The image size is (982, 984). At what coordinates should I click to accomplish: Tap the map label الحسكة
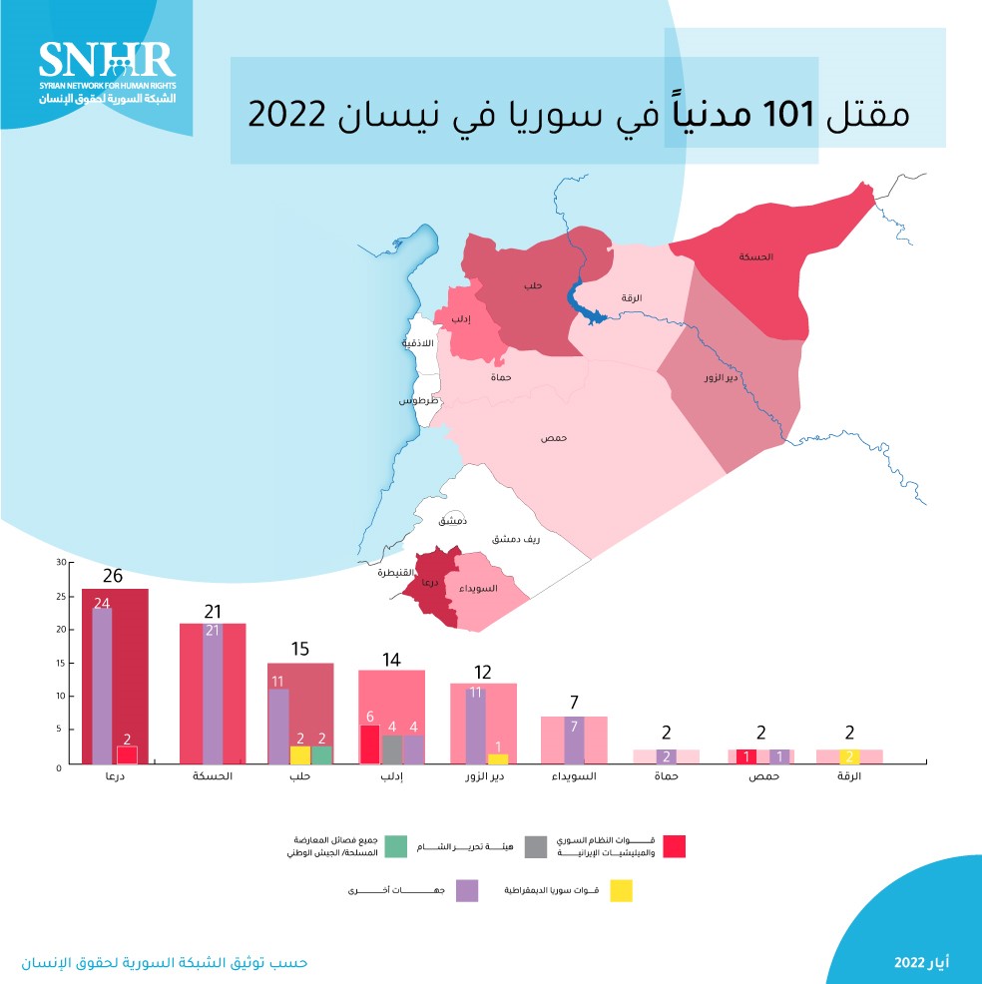click(x=756, y=256)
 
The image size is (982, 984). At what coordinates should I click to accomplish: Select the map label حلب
click(x=534, y=285)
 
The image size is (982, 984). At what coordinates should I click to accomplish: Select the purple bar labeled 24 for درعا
click(x=102, y=686)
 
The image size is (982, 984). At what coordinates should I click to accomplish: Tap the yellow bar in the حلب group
click(x=300, y=755)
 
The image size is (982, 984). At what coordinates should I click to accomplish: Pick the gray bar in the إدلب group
click(x=392, y=749)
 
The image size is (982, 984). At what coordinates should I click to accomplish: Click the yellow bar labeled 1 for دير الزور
click(x=497, y=758)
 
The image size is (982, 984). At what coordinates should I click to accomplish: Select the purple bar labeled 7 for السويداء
click(x=574, y=740)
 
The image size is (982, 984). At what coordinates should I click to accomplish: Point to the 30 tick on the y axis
click(x=60, y=563)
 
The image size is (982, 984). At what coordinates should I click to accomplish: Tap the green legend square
click(x=395, y=845)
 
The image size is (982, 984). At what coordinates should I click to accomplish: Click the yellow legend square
click(x=621, y=889)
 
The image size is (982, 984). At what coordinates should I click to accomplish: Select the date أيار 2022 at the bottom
click(x=921, y=961)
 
